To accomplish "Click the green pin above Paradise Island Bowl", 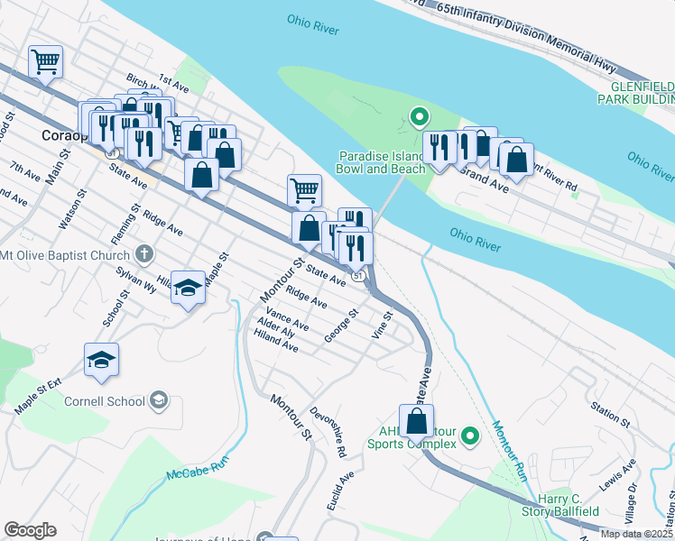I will (x=419, y=116).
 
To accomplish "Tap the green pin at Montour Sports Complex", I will (x=469, y=437).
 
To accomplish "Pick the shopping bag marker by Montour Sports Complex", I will (x=416, y=421).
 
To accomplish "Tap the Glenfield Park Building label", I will (x=636, y=92).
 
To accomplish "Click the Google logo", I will (x=31, y=530).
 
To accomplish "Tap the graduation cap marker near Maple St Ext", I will (x=102, y=359).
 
